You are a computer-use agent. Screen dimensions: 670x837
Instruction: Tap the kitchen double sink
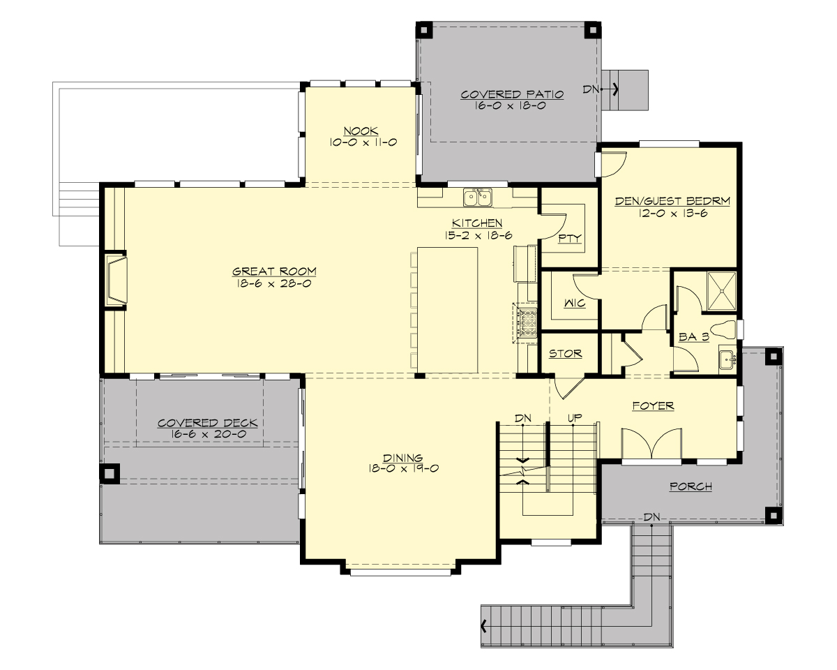478,198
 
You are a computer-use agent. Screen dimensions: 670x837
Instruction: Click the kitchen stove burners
525,323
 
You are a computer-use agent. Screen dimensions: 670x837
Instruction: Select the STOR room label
565,354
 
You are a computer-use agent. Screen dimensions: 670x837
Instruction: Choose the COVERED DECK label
207,423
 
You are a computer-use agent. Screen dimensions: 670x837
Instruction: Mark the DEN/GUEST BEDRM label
672,202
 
